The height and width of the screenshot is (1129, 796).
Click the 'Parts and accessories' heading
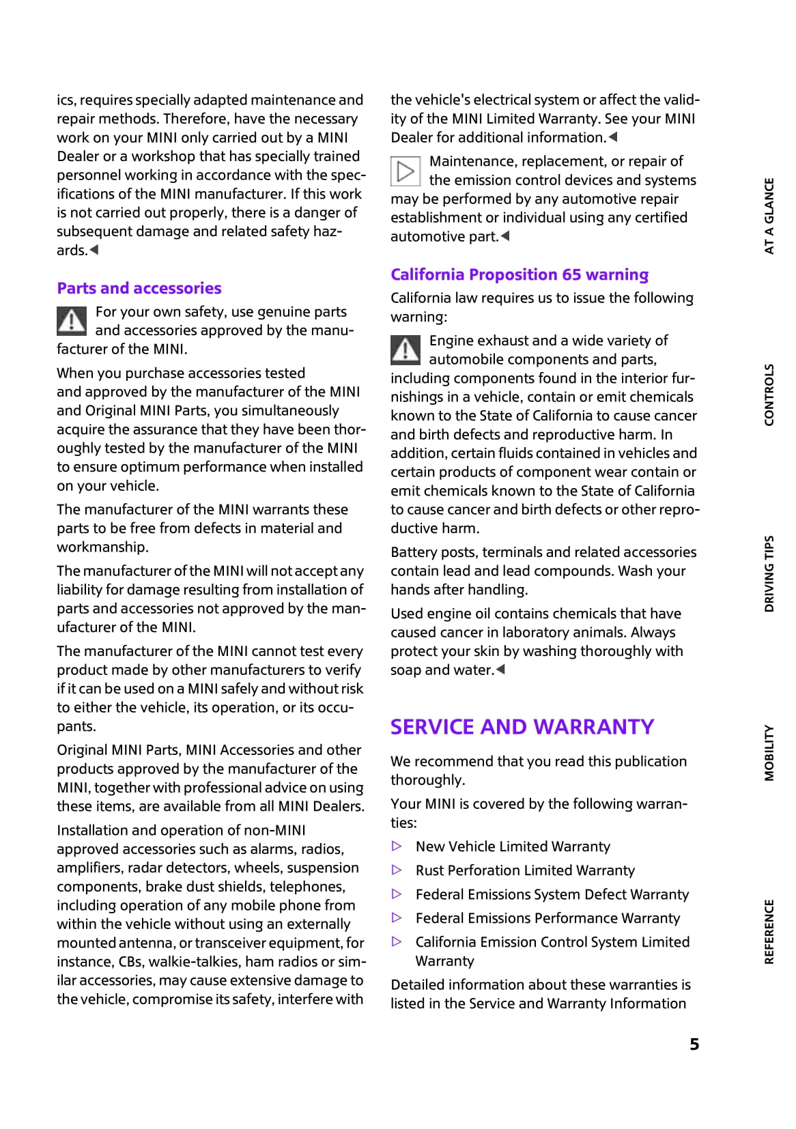pos(139,288)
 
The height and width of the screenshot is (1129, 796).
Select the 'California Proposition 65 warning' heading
pos(519,274)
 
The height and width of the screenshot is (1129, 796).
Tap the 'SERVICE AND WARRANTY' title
pos(522,727)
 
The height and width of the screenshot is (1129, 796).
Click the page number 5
pos(694,1044)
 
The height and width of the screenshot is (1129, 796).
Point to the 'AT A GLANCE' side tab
pos(769,216)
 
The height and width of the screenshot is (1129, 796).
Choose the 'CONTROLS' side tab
pos(769,395)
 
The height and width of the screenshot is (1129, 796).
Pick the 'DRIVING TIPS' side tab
pos(769,573)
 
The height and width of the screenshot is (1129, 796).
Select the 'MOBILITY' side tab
pos(769,752)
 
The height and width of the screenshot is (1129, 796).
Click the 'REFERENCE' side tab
pos(769,932)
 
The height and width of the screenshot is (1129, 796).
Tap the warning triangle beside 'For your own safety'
pos(72,321)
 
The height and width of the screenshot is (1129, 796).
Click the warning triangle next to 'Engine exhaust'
pos(406,349)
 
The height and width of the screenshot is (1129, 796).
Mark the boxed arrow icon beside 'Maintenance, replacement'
pos(406,171)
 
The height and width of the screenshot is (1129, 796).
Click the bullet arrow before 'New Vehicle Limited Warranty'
pos(397,846)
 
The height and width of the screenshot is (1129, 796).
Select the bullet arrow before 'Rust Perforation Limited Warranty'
pos(397,870)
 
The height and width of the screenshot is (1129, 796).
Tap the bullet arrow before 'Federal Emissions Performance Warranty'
pos(397,918)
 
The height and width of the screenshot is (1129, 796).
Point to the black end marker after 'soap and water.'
pos(500,670)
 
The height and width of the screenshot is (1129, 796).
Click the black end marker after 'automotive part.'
pos(505,236)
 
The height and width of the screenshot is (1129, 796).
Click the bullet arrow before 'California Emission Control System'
pos(397,942)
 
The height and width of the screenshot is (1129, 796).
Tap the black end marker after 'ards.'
pos(94,250)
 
